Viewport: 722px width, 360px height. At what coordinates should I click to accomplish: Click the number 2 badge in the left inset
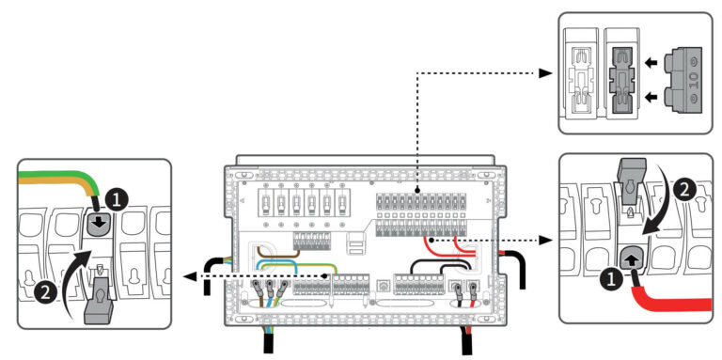(x=43, y=293)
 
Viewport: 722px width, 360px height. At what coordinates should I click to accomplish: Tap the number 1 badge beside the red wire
(x=607, y=278)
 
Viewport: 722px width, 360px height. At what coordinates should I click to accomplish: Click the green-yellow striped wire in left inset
(x=56, y=175)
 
